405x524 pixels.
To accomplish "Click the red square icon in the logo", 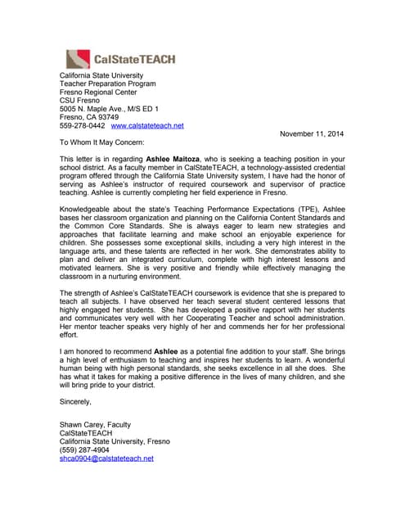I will pyautogui.click(x=77, y=58).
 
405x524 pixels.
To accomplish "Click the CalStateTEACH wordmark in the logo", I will pyautogui.click(x=134, y=59).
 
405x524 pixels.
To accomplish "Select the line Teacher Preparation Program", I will pyautogui.click(x=107, y=84).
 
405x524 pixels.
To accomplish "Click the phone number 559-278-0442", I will pyautogui.click(x=82, y=125).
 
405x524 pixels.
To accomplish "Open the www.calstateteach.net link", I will pyautogui.click(x=147, y=125).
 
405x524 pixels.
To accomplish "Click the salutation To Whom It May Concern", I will pyautogui.click(x=101, y=142).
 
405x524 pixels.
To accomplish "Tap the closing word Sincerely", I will pyautogui.click(x=76, y=403).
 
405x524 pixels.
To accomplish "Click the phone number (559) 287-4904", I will pyautogui.click(x=84, y=449).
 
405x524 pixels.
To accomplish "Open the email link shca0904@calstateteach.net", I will pyautogui.click(x=106, y=458).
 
